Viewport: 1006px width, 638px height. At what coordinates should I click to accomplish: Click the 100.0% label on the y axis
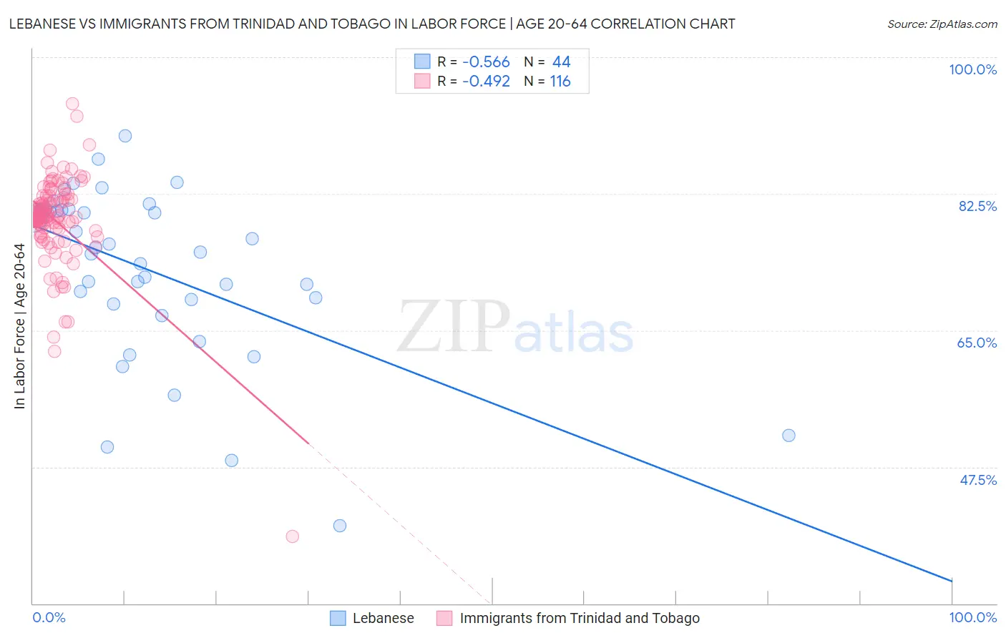click(x=972, y=69)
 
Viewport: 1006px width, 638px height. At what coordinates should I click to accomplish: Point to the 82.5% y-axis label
click(x=977, y=206)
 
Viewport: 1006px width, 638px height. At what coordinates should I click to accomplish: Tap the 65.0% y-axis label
click(x=977, y=343)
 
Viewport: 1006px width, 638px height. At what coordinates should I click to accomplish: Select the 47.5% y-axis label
click(x=977, y=480)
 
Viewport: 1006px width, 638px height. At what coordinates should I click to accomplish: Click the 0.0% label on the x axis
click(x=49, y=618)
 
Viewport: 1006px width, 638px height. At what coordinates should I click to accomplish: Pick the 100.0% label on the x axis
click(x=972, y=618)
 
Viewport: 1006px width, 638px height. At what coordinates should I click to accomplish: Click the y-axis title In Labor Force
click(x=19, y=326)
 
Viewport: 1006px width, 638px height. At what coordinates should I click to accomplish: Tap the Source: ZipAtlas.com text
click(x=942, y=24)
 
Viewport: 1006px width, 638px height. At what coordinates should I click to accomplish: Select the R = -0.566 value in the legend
click(x=473, y=62)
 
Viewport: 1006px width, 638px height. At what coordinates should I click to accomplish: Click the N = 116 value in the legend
click(x=547, y=82)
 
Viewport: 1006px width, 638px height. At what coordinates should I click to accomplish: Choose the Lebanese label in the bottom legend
click(x=383, y=619)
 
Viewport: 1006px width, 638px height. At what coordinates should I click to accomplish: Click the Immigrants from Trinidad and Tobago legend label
click(x=580, y=619)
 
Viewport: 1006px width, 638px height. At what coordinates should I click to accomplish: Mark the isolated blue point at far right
click(x=788, y=436)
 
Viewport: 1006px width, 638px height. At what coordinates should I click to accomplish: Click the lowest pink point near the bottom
click(x=292, y=536)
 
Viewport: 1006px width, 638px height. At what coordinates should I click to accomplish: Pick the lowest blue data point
click(x=340, y=526)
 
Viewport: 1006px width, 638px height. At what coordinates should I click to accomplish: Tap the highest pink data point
click(x=72, y=104)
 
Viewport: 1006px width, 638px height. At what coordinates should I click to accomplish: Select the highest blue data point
click(x=125, y=136)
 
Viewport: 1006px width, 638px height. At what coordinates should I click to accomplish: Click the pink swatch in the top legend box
click(x=422, y=82)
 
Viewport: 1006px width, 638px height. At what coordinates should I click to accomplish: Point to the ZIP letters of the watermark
click(x=454, y=327)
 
